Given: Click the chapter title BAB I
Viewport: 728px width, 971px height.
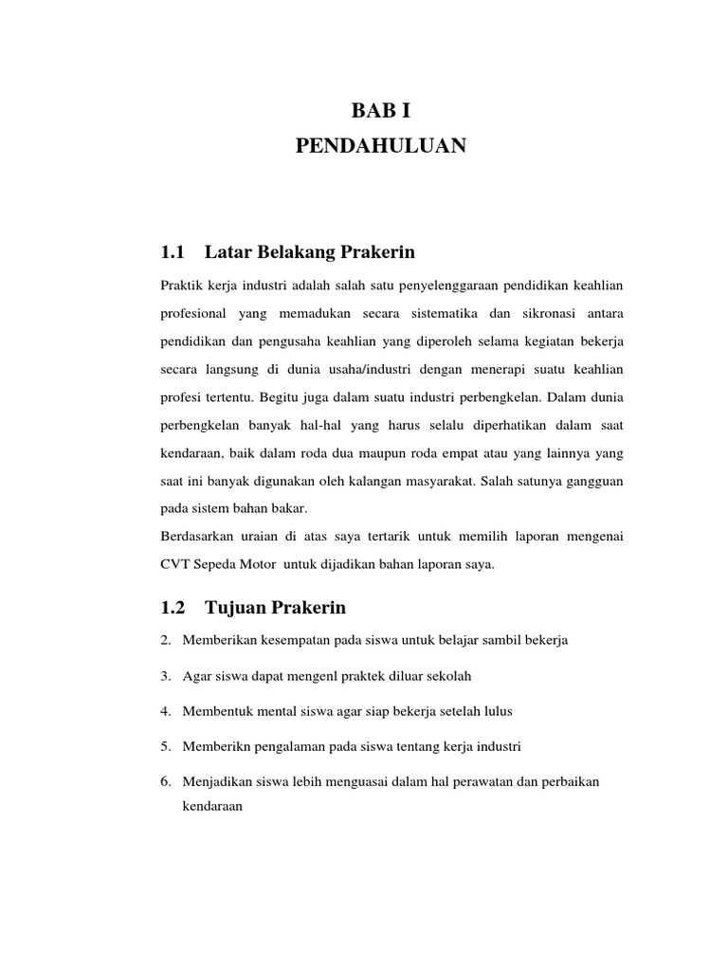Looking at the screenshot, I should click(381, 112).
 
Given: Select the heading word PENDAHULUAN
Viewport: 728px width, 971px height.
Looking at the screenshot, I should click(381, 146).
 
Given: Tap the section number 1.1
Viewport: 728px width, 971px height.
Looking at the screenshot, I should click(172, 252).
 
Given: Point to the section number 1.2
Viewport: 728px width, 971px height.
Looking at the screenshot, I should click(172, 607).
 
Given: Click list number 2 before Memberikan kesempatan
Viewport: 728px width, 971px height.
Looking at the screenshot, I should click(165, 641).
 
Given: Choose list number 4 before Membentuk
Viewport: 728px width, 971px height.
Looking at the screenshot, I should click(165, 711).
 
